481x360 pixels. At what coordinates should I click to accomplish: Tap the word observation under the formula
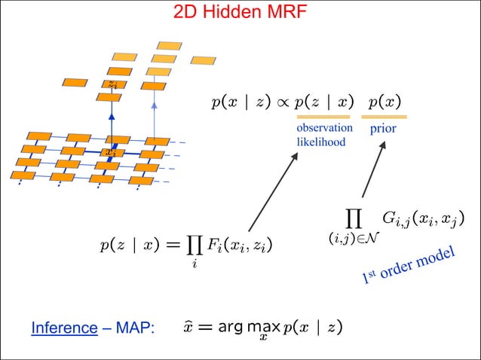tap(324, 128)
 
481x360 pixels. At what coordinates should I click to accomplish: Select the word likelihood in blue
tap(320, 142)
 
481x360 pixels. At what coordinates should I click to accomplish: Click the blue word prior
tap(383, 130)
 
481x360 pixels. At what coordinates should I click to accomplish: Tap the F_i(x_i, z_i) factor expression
tap(241, 245)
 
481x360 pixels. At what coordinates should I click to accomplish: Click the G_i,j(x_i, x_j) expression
tap(422, 219)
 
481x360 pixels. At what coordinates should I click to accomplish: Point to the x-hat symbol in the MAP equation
tap(188, 327)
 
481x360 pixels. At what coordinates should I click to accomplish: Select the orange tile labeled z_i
tap(112, 84)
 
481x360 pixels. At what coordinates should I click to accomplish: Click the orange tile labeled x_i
tap(111, 151)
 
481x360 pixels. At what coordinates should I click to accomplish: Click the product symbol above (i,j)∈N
tap(353, 218)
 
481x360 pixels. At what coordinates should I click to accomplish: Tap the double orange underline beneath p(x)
tap(384, 117)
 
